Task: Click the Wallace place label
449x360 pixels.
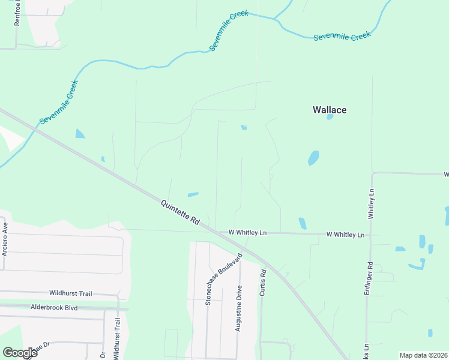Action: (x=330, y=110)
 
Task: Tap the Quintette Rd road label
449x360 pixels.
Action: (x=179, y=212)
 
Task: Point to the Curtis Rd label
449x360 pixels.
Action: (x=262, y=282)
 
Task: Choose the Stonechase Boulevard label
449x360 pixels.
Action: (x=224, y=279)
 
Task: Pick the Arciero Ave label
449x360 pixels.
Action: (x=5, y=239)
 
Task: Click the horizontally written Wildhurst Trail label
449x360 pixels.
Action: (x=71, y=293)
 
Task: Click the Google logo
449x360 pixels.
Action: (x=20, y=353)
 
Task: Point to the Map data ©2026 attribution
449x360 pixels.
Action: (x=424, y=355)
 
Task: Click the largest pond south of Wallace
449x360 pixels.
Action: (x=313, y=158)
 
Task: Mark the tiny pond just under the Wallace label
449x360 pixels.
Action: (x=330, y=117)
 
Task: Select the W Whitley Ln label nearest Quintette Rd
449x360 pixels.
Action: (x=247, y=233)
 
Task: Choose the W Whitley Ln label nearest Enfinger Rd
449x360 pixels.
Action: (x=345, y=235)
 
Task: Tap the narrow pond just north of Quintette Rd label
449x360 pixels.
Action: (x=193, y=194)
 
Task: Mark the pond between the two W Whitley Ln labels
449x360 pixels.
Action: (x=302, y=223)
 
